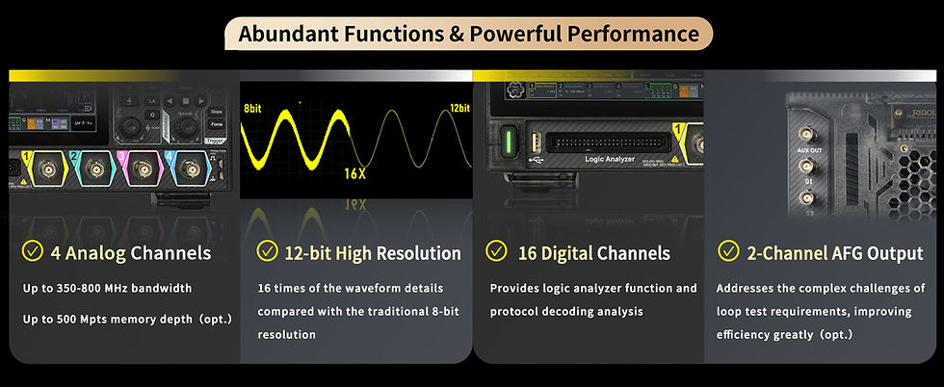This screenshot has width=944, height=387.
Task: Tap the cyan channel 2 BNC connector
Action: click(x=94, y=170)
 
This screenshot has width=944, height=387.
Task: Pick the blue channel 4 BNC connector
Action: click(x=189, y=170)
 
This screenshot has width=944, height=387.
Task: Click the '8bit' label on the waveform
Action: click(x=252, y=109)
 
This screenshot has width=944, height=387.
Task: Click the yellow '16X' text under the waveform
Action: click(x=355, y=173)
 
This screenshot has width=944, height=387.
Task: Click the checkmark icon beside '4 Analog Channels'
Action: click(x=32, y=252)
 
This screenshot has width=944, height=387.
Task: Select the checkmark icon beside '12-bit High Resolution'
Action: click(x=267, y=252)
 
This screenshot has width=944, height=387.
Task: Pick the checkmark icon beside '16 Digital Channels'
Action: click(x=496, y=252)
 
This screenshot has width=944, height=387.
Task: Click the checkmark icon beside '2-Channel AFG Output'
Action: click(x=729, y=252)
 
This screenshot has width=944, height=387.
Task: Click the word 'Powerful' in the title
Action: click(x=520, y=34)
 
